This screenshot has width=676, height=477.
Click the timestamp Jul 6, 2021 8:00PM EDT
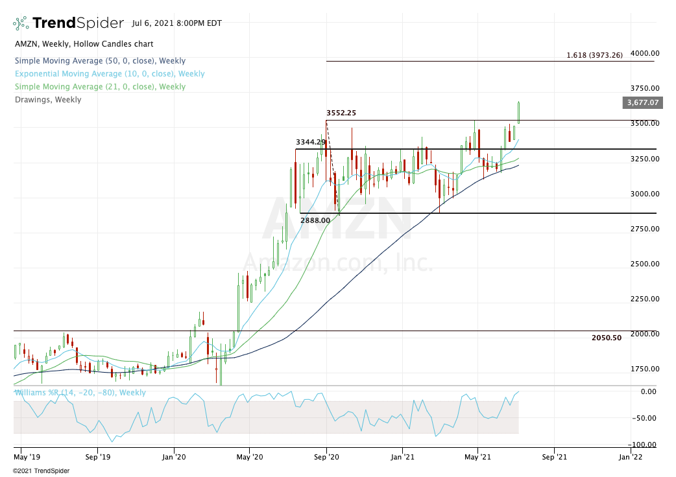[x=176, y=23]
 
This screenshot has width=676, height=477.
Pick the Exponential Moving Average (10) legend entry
[x=109, y=74]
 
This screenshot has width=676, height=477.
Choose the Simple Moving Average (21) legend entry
[x=100, y=87]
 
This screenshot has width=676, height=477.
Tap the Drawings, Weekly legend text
[x=47, y=100]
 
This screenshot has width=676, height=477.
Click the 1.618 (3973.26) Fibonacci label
[x=594, y=55]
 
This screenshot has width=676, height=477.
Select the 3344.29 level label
[x=310, y=142]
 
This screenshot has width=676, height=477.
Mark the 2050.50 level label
[x=607, y=338]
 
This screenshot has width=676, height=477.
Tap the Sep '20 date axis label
[x=326, y=457]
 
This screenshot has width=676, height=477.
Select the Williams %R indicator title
[x=80, y=393]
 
